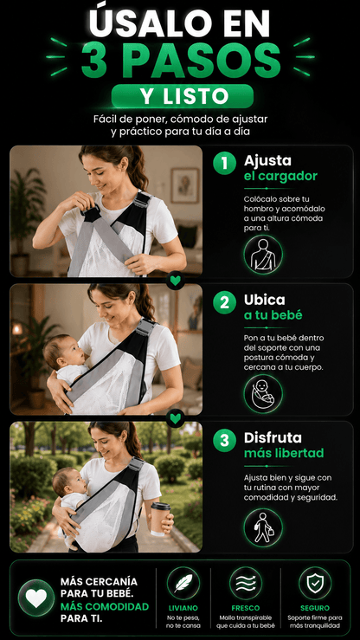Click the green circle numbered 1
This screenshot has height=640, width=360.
[224, 164]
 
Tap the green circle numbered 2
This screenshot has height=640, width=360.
[224, 302]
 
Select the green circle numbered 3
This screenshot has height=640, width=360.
[224, 441]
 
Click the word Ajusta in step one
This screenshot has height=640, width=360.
[267, 161]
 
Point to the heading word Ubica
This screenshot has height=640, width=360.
[265, 300]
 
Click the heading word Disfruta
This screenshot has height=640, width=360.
[273, 438]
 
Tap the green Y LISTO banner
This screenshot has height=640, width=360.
[183, 96]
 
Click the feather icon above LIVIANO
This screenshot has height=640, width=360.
[183, 583]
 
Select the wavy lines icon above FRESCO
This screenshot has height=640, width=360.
[246, 583]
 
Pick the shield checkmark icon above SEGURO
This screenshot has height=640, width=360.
[315, 583]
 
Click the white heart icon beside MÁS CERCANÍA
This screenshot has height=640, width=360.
[36, 598]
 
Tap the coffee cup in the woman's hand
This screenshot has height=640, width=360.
[160, 519]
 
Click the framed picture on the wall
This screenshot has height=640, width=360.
[184, 185]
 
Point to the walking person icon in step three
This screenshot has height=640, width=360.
[263, 527]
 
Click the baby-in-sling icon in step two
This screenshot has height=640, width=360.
[263, 393]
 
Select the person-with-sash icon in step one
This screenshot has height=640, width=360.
[263, 255]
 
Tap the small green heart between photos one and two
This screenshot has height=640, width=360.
[176, 281]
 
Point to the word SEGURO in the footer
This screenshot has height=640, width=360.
[315, 608]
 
